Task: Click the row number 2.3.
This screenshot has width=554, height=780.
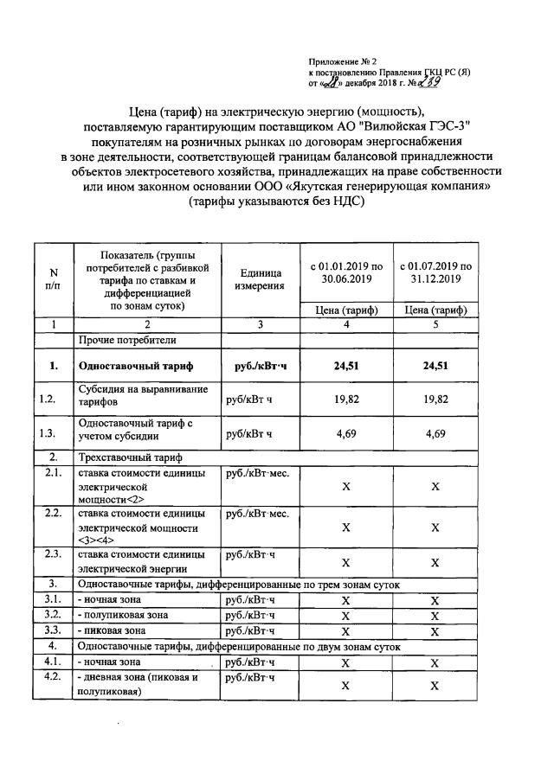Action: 53,554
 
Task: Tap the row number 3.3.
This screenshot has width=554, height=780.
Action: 53,630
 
